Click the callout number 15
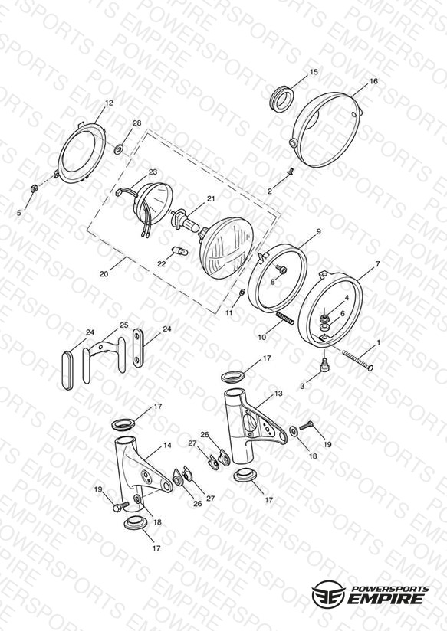pyautogui.click(x=314, y=72)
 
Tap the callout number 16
pyautogui.click(x=373, y=81)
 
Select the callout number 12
pyautogui.click(x=109, y=103)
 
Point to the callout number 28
pyautogui.click(x=137, y=123)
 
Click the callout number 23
pyautogui.click(x=153, y=172)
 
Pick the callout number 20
pyautogui.click(x=104, y=274)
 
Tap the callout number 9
pyautogui.click(x=318, y=232)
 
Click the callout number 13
pyautogui.click(x=278, y=394)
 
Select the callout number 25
pyautogui.click(x=123, y=325)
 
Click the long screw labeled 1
pyautogui.click(x=357, y=360)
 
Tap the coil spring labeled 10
pyautogui.click(x=284, y=319)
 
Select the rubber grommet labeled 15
pyautogui.click(x=281, y=98)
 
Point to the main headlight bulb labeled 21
pyautogui.click(x=185, y=222)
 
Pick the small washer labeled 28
pyautogui.click(x=119, y=149)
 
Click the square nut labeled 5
pyautogui.click(x=35, y=188)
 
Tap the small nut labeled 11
pyautogui.click(x=242, y=292)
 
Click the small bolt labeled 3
pyautogui.click(x=325, y=365)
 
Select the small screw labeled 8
pyautogui.click(x=281, y=270)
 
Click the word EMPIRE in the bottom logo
pyautogui.click(x=385, y=599)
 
